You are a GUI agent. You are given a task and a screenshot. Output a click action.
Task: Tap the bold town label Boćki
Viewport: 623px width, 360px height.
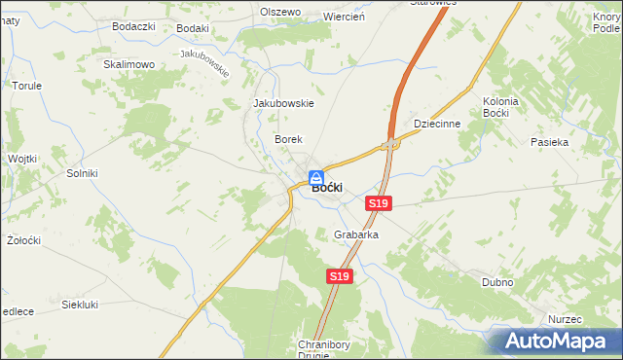tap(325, 189)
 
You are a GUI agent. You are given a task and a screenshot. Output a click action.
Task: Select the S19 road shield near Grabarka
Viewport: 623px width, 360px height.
tap(338, 277)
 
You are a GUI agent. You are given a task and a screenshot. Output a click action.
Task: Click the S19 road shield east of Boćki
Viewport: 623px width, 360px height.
tap(379, 202)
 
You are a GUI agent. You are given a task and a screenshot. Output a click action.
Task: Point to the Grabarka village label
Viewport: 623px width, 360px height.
tap(355, 235)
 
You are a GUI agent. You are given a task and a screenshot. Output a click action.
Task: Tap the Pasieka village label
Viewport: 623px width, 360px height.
tap(549, 142)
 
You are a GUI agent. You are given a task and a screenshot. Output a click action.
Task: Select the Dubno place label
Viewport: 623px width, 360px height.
tap(497, 282)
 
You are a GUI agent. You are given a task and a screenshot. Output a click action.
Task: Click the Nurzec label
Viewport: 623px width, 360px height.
tap(564, 319)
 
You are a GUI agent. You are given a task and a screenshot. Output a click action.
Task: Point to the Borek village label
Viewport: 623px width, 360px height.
tap(289, 140)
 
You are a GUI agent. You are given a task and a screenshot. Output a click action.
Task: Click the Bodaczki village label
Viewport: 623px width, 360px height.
tap(134, 26)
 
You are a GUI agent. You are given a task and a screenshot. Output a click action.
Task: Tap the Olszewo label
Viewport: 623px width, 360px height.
tap(280, 12)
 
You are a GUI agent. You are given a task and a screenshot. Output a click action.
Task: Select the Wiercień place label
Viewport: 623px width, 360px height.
tap(343, 17)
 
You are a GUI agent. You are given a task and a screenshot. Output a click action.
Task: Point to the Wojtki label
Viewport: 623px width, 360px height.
tap(21, 158)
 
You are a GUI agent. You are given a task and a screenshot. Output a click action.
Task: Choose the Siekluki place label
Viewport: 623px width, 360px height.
tap(81, 305)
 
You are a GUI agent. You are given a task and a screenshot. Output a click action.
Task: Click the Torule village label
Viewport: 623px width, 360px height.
tap(26, 86)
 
